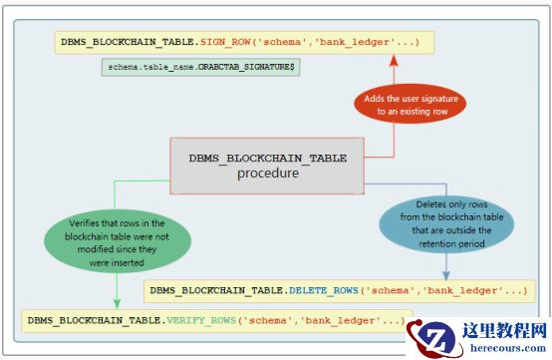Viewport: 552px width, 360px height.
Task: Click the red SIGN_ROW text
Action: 225,42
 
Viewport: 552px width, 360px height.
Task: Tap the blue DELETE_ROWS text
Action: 324,290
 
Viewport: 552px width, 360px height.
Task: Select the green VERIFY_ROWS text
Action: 201,320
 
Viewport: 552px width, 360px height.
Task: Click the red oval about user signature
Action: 411,105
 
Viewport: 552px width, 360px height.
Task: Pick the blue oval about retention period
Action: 446,224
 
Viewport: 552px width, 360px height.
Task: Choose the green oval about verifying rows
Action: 118,242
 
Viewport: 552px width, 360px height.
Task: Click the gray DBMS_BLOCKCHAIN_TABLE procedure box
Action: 267,166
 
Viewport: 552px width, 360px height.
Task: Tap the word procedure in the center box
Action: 268,174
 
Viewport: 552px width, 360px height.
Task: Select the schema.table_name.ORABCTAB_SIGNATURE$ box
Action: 200,67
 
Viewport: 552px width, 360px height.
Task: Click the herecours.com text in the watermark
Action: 508,348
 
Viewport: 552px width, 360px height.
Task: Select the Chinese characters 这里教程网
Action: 504,330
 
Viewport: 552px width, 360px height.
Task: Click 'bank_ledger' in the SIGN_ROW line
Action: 353,42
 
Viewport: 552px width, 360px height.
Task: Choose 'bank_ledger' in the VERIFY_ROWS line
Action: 339,320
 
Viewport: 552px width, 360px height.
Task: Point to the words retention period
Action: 451,243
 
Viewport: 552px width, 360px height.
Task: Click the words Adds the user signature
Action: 411,99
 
